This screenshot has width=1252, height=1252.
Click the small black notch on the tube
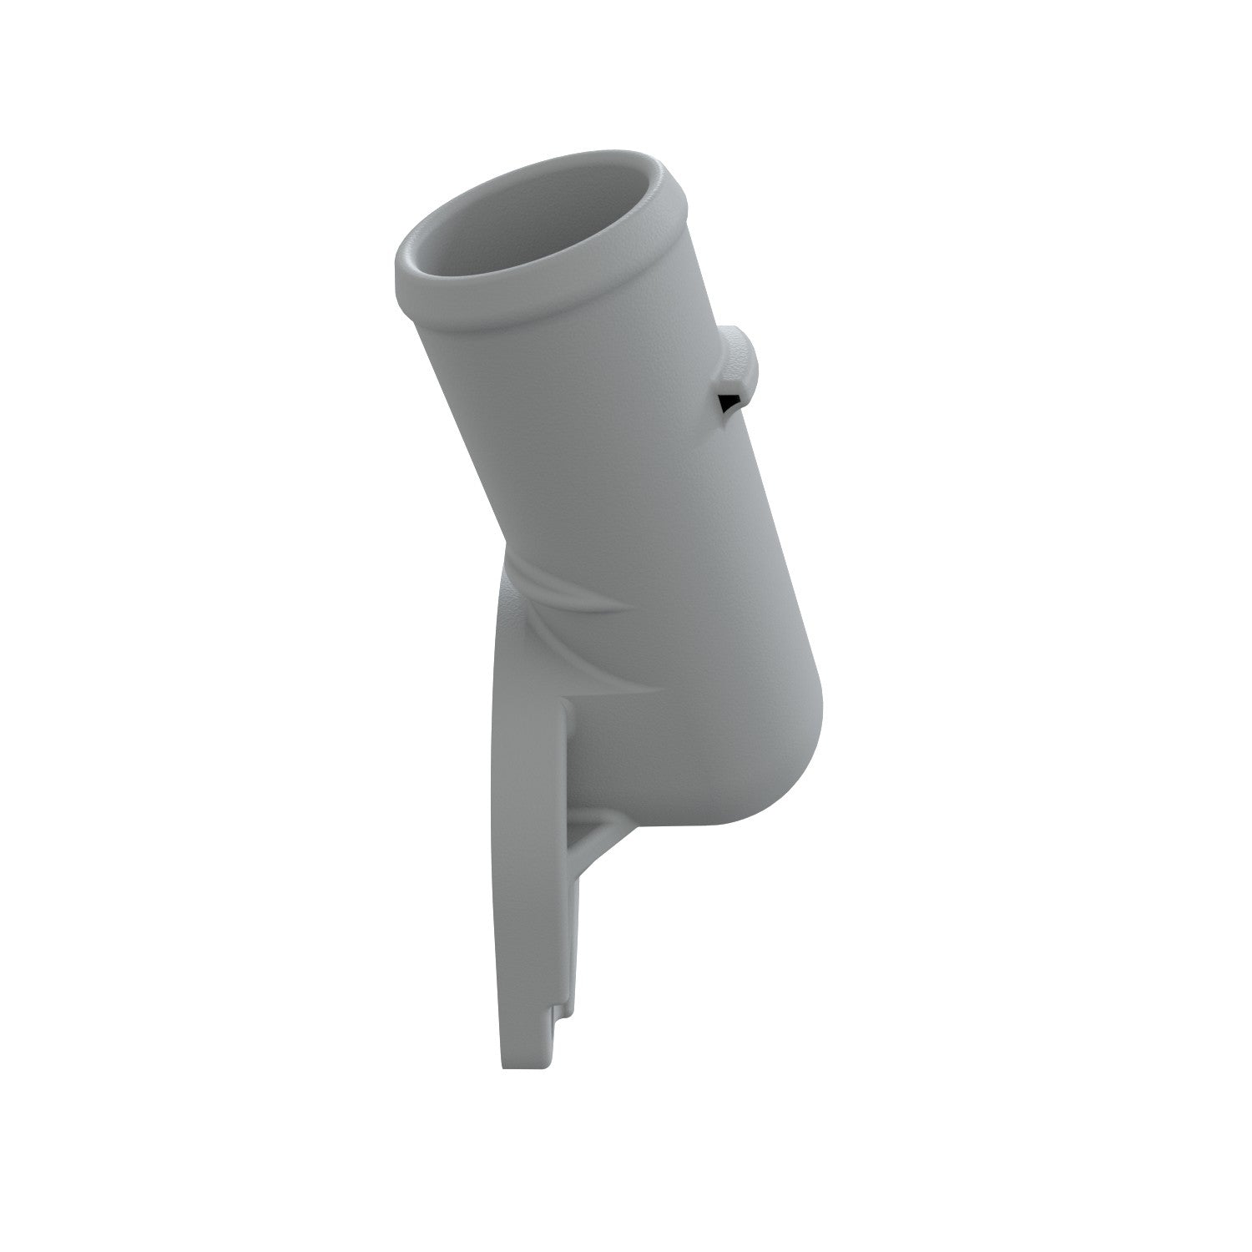coord(729,402)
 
